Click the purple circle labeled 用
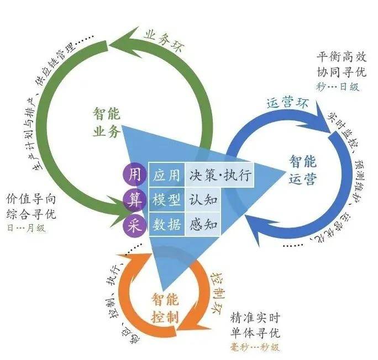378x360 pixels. (x=134, y=176)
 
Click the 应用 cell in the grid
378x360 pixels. (x=166, y=176)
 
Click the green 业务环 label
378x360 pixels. (x=166, y=39)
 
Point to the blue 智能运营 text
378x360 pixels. (x=302, y=169)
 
